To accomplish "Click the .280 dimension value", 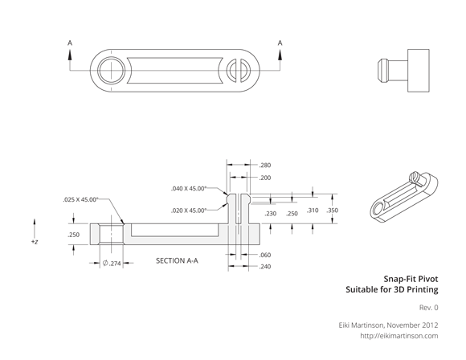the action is click(265, 166).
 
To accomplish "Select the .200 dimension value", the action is click(265, 178).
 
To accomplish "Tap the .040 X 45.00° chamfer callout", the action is click(189, 189).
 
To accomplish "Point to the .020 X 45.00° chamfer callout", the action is click(189, 211).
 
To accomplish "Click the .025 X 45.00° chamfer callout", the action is click(80, 199).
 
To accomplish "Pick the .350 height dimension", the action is click(332, 211).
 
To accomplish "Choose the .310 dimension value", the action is click(313, 211).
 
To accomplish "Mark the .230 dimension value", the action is click(271, 214).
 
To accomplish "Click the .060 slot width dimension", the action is click(265, 255).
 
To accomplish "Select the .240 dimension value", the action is click(265, 266).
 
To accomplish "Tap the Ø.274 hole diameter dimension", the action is click(112, 263).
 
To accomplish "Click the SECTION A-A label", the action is click(177, 260).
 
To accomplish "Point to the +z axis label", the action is click(35, 242).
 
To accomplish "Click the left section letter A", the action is click(70, 43).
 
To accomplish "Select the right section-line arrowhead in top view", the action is click(280, 55).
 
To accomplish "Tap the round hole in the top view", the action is click(112, 71).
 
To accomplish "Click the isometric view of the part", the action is click(404, 197).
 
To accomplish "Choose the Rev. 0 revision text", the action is click(428, 308).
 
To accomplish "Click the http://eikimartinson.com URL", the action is click(399, 336).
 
